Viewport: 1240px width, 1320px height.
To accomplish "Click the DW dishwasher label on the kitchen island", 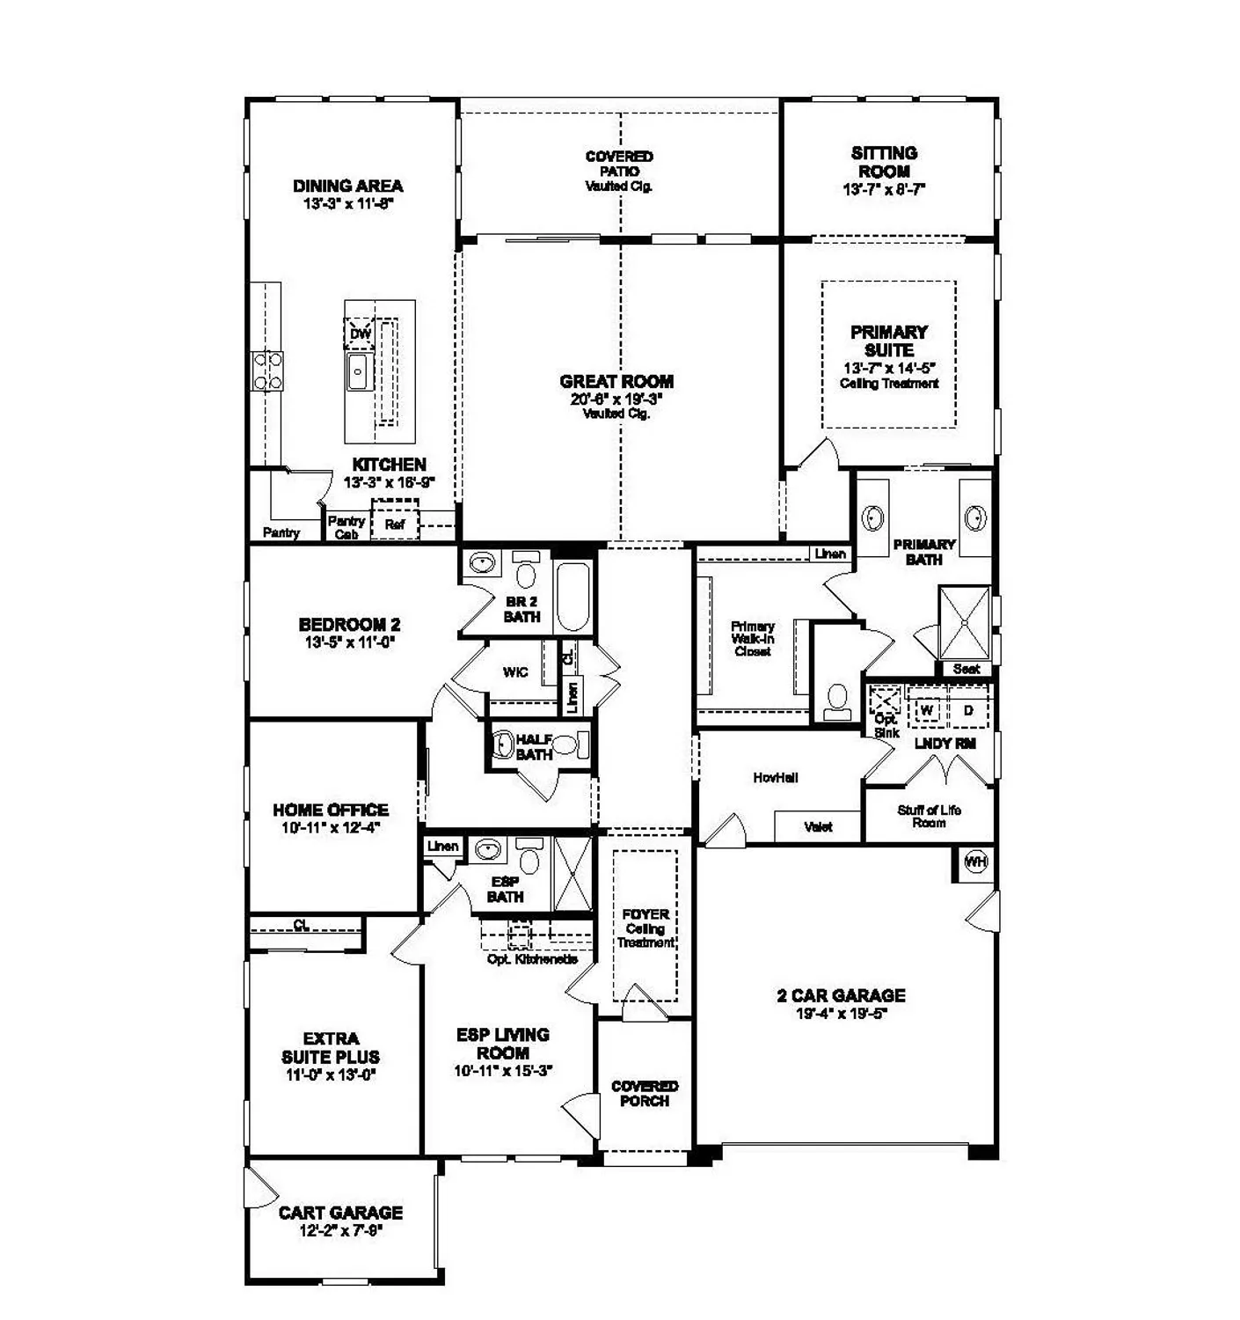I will coord(360,334).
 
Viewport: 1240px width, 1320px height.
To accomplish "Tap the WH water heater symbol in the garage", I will coord(976,862).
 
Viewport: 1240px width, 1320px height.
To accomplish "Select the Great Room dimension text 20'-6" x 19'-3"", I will coord(616,399).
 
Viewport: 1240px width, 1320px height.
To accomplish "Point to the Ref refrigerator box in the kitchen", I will coord(395,524).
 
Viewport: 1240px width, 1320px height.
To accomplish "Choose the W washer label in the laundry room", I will coord(927,709).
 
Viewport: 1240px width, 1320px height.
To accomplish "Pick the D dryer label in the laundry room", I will coord(968,709).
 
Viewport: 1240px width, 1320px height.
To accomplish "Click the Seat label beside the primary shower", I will coord(966,669).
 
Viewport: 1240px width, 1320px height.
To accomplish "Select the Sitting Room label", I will coord(884,162).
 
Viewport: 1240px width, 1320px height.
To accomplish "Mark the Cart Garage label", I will coord(340,1213).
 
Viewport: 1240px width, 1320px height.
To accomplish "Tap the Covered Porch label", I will coord(645,1093).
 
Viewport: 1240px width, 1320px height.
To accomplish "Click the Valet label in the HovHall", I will coord(818,826).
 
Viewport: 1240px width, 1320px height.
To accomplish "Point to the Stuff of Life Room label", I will coord(929,816).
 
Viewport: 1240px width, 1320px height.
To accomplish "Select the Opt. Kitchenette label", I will coord(532,958).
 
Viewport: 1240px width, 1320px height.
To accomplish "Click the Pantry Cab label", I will coord(346,527).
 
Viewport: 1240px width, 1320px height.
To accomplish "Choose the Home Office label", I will coord(331,810).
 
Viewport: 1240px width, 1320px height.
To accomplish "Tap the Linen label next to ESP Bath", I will coord(442,847).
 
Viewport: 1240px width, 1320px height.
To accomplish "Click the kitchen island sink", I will coord(358,373).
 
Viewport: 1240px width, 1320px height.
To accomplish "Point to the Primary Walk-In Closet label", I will coord(753,639).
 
